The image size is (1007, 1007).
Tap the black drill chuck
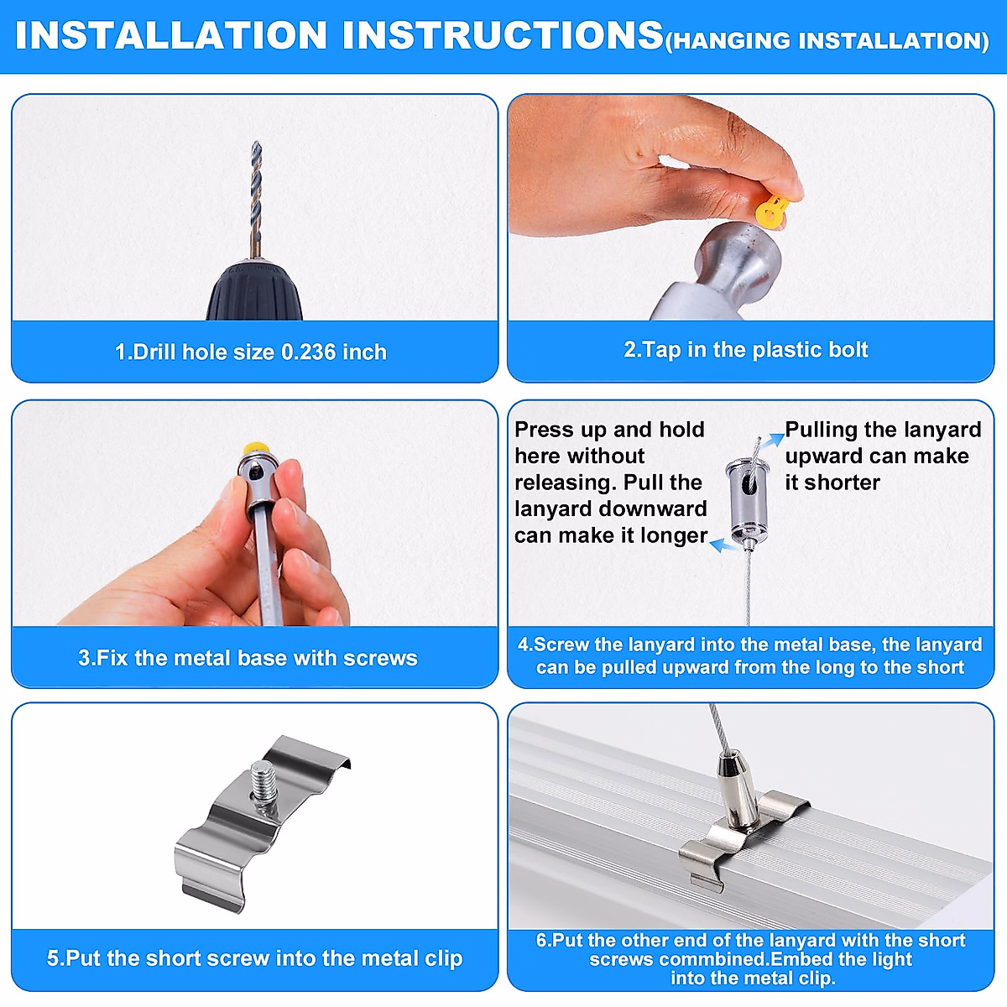tap(254, 292)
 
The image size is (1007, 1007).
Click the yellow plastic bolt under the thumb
tap(771, 211)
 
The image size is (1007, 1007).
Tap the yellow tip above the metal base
tap(251, 451)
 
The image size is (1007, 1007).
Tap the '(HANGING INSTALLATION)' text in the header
tap(827, 41)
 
